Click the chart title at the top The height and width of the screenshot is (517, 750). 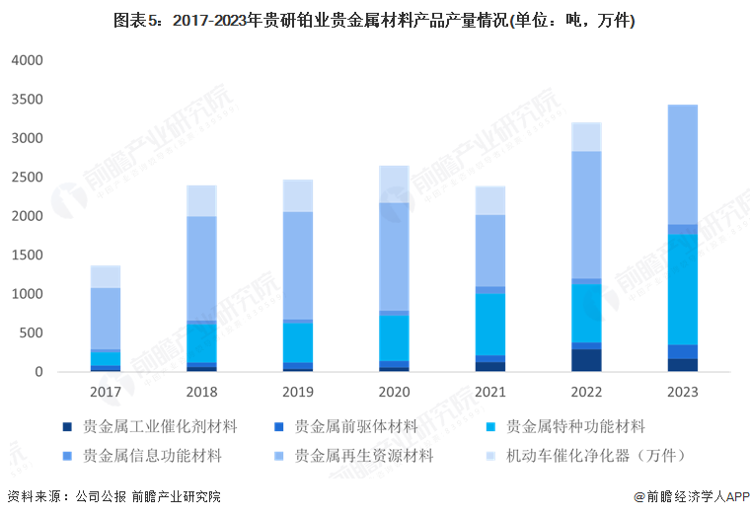pos(374,21)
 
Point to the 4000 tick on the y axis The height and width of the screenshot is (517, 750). pos(28,60)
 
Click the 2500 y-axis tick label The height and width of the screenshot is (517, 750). pos(28,178)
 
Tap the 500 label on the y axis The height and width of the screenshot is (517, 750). pos(33,333)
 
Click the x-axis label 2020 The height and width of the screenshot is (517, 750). pos(394,392)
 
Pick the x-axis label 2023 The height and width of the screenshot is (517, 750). pos(682,392)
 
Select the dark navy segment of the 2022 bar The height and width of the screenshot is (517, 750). pos(586,360)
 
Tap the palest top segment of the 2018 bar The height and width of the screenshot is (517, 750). pos(201,200)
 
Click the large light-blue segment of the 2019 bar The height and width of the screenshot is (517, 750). pos(298,265)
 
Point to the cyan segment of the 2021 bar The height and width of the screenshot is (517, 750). pos(489,325)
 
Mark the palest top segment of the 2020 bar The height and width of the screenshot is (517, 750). pos(394,184)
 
